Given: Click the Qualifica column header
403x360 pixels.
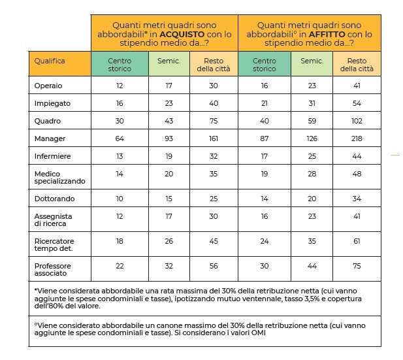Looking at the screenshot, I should pyautogui.click(x=50, y=61).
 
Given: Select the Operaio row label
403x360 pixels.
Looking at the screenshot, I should pyautogui.click(x=48, y=86).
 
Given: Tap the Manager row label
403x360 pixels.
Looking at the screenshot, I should pyautogui.click(x=49, y=139).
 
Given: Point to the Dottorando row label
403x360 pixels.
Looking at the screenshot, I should pyautogui.click(x=53, y=198).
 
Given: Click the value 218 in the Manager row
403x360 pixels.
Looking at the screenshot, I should pyautogui.click(x=357, y=139).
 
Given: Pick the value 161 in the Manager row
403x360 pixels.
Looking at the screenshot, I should pyautogui.click(x=213, y=139).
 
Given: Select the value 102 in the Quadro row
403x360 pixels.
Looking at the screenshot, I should pyautogui.click(x=357, y=121).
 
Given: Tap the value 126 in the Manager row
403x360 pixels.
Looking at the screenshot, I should pyautogui.click(x=311, y=139).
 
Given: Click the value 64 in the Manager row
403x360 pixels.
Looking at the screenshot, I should pyautogui.click(x=120, y=139).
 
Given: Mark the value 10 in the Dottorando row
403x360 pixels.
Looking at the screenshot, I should pyautogui.click(x=120, y=198).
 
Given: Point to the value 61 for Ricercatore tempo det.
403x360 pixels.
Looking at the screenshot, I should pyautogui.click(x=357, y=240).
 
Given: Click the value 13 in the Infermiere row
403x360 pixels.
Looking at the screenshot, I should pyautogui.click(x=120, y=156).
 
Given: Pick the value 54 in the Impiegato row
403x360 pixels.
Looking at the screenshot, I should pyautogui.click(x=357, y=103).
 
